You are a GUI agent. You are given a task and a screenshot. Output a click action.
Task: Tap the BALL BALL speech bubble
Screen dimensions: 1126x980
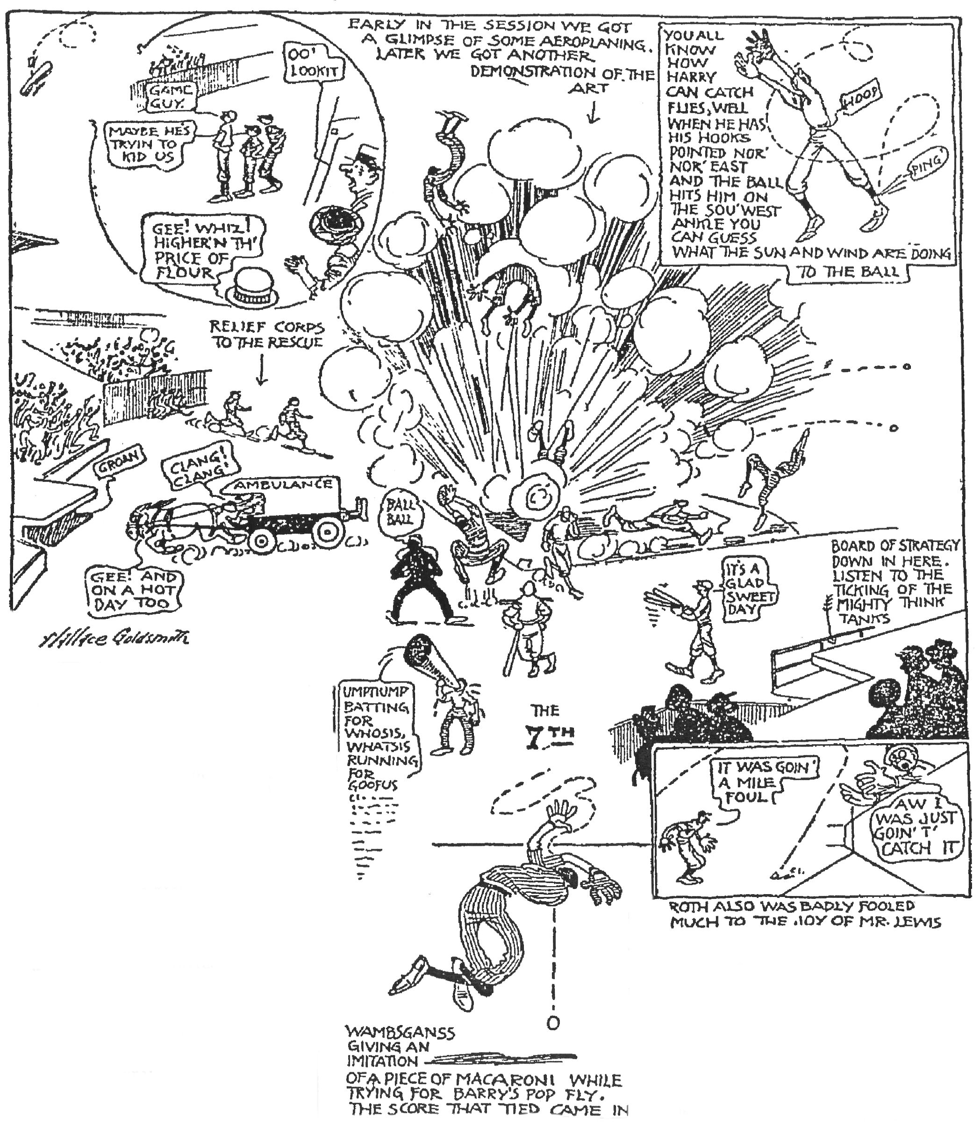click(x=400, y=512)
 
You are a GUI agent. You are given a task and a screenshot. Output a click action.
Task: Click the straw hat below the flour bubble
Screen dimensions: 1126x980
click(x=251, y=288)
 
